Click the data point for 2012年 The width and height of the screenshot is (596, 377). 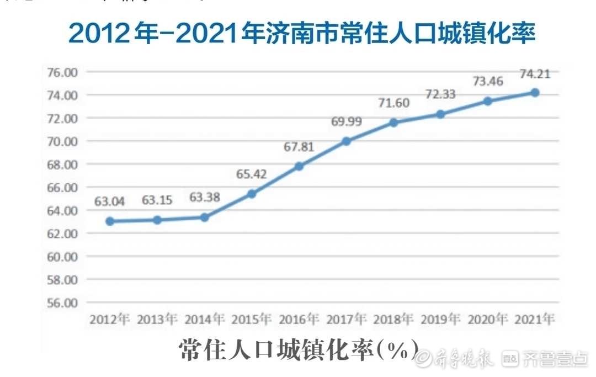tap(110, 221)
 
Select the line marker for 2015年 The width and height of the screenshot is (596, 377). tap(252, 194)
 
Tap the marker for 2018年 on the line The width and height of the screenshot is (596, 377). tap(393, 123)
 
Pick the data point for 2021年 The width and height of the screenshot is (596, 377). tap(535, 92)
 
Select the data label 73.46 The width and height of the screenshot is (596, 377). tap(488, 82)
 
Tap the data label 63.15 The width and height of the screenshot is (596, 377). tap(157, 201)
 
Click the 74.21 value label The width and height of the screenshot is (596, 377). tap(535, 73)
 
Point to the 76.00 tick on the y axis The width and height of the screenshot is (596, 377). tap(63, 72)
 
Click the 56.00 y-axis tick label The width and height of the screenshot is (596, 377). tap(63, 303)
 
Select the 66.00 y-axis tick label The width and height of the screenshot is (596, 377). tap(63, 188)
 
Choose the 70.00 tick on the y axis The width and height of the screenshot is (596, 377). tap(63, 141)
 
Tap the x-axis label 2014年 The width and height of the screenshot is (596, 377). tap(204, 320)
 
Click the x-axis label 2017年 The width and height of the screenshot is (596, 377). tap(346, 320)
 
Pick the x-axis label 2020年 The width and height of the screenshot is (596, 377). tap(488, 320)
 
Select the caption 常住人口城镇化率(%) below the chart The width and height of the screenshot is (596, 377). tap(298, 351)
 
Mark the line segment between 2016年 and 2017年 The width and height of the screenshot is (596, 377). tap(322, 154)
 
